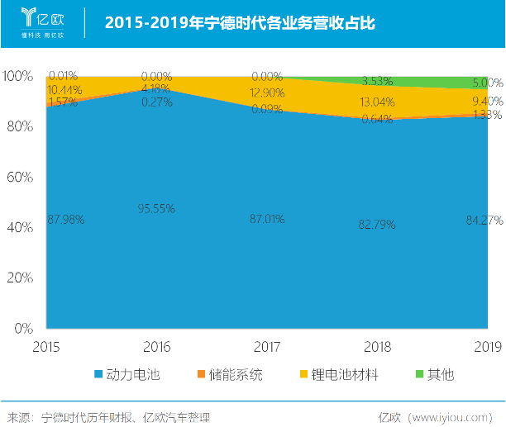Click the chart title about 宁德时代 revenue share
240,23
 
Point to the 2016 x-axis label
157,344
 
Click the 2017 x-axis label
267,344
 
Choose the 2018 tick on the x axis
376,344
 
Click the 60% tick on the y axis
18,177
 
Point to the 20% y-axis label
18,278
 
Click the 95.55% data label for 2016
157,209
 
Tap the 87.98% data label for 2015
66,220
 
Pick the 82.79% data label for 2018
376,225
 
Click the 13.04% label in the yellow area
376,102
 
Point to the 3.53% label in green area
376,81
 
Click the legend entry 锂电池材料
339,374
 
